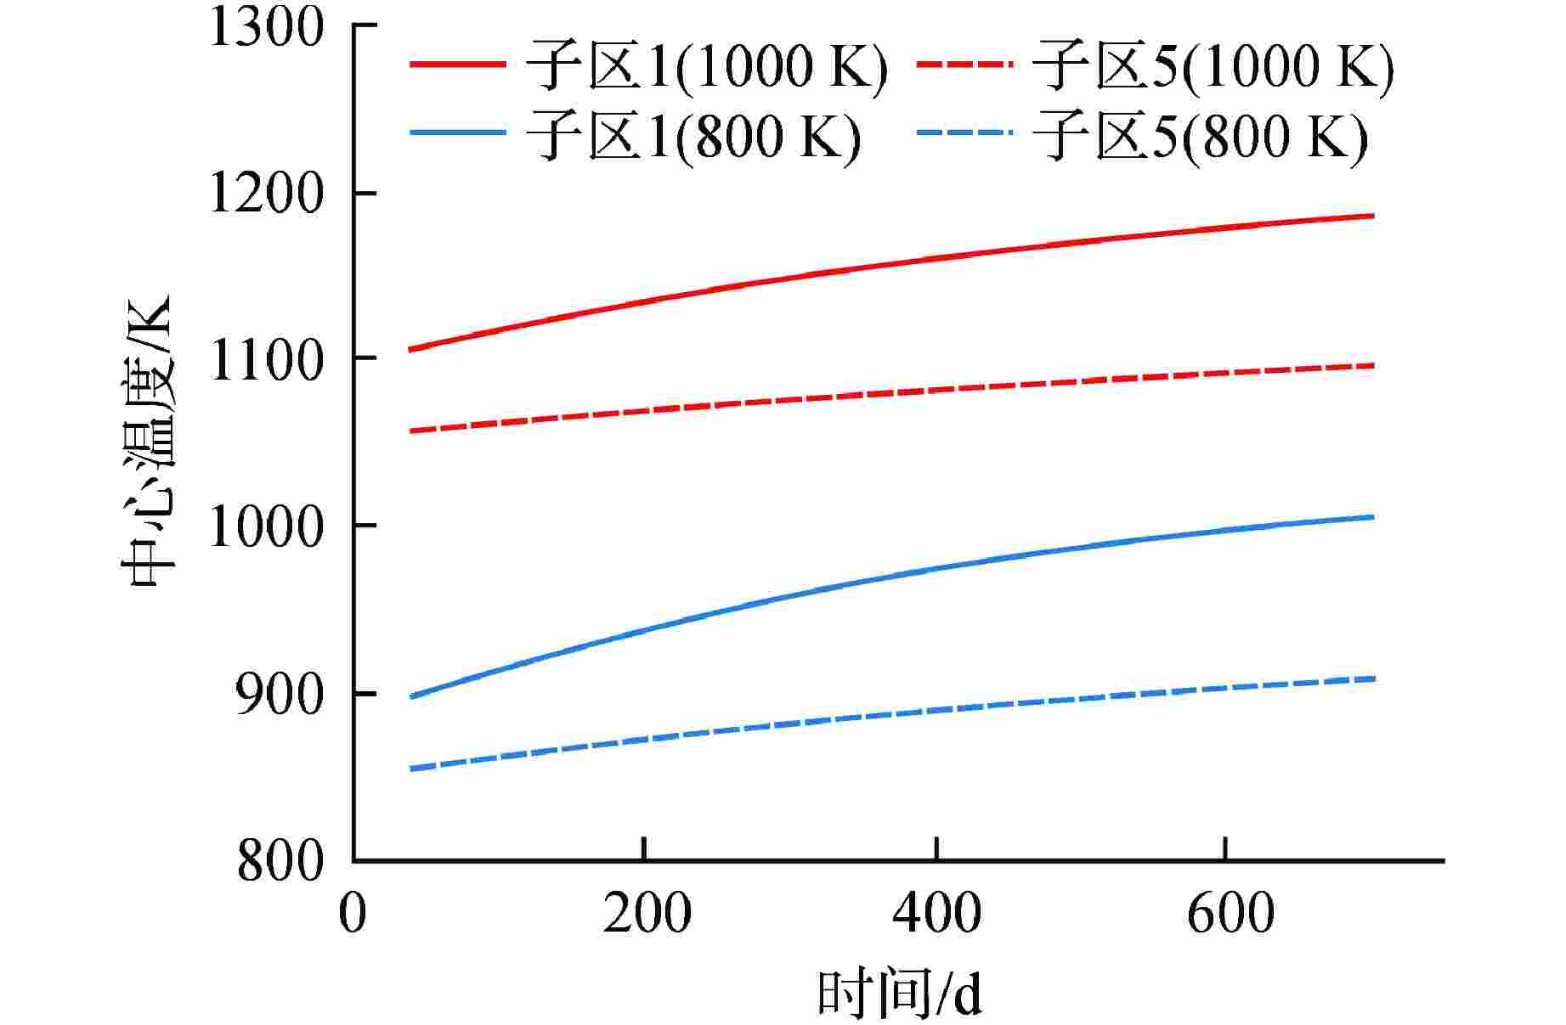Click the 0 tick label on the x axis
(x=353, y=915)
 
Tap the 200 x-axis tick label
(x=647, y=915)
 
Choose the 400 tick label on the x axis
(x=936, y=915)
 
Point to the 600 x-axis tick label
(x=1230, y=915)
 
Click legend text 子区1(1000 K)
(x=706, y=65)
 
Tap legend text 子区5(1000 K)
(x=1212, y=65)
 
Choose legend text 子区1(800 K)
(x=693, y=135)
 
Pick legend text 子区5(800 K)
(x=1199, y=135)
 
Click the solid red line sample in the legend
(x=458, y=64)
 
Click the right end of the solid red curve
(x=1373, y=216)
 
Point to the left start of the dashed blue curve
(x=411, y=769)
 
